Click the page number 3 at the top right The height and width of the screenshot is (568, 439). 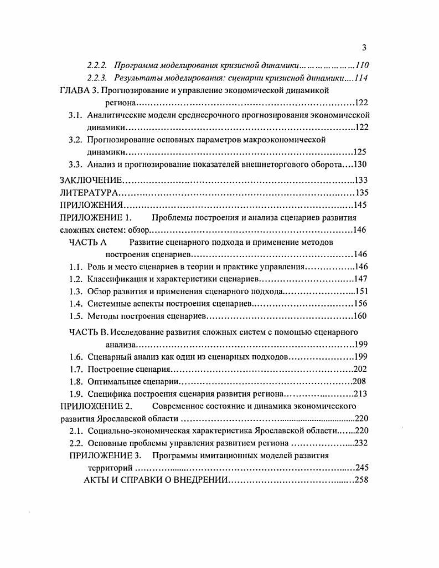point(364,47)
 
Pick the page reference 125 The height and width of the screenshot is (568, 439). point(360,152)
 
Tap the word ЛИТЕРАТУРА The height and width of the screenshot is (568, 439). point(89,193)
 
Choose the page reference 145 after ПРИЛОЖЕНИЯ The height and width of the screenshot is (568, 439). point(360,205)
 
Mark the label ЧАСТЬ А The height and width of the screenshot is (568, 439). point(87,242)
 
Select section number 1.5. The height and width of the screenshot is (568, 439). point(76,316)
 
